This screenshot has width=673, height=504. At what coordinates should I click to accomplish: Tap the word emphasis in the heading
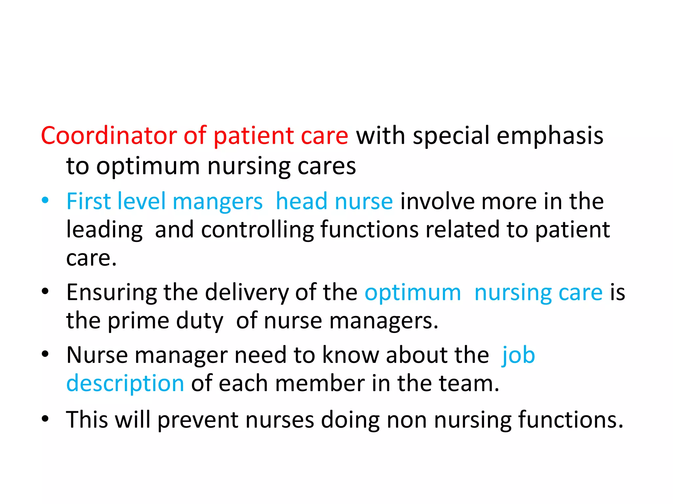(550, 136)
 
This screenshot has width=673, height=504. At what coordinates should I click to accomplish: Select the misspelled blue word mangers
(218, 201)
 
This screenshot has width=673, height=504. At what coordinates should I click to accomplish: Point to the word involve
(437, 201)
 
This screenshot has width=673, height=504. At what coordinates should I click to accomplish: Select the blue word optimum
(413, 292)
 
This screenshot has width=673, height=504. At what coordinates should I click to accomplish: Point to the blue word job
(518, 355)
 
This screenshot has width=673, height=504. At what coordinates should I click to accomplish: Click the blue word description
(125, 384)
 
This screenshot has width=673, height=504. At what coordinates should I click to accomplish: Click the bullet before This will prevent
(45, 419)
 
